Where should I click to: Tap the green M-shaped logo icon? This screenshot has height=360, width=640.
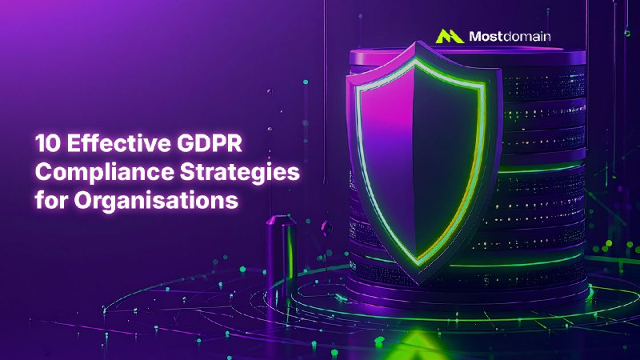click(x=450, y=36)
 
